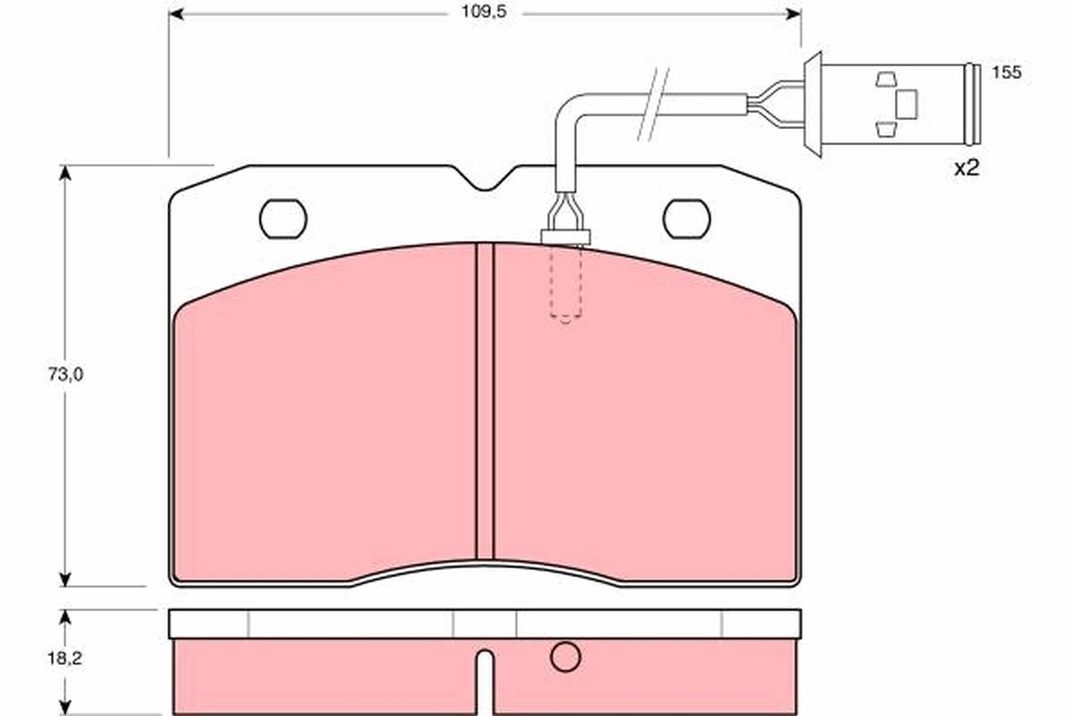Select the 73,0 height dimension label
coord(65,375)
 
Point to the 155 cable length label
coord(1007,73)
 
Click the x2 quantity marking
coord(967,167)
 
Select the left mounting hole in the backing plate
coord(283,218)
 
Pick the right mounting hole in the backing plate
coord(686,218)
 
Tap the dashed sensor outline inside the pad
coord(565,285)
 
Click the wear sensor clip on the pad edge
coord(566,235)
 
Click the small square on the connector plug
coord(907,104)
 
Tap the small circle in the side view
coord(565,658)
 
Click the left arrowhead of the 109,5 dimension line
coord(176,13)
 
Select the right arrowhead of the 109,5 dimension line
coord(793,13)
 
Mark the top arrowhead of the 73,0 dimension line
coord(64,173)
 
